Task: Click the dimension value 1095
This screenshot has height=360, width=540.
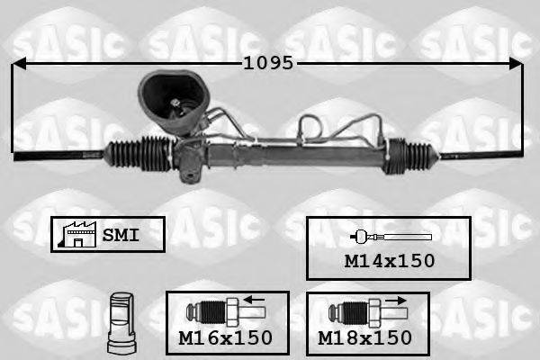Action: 269,64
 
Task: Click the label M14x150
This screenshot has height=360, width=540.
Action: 391,261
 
